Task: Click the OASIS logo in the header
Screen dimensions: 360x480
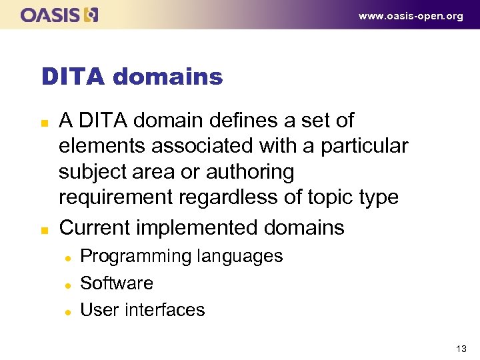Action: click(59, 15)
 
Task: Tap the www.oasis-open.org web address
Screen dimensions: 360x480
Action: click(411, 17)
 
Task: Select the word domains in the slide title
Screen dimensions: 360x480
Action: click(168, 77)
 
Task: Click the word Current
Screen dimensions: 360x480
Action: click(95, 228)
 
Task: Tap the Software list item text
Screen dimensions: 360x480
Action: click(117, 283)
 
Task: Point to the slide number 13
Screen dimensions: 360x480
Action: click(461, 348)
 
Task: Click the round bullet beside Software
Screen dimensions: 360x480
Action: click(68, 285)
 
